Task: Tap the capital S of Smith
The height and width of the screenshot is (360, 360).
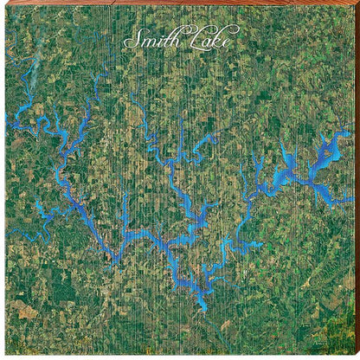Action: click(131, 39)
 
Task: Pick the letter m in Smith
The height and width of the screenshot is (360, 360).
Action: click(143, 41)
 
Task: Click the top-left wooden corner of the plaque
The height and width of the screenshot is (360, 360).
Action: click(3, 3)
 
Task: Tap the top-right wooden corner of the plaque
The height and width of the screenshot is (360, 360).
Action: click(357, 3)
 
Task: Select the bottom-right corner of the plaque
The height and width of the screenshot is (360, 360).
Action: click(357, 357)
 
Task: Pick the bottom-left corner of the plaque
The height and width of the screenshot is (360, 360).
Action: click(3, 357)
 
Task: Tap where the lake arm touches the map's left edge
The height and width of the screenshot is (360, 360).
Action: click(7, 118)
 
